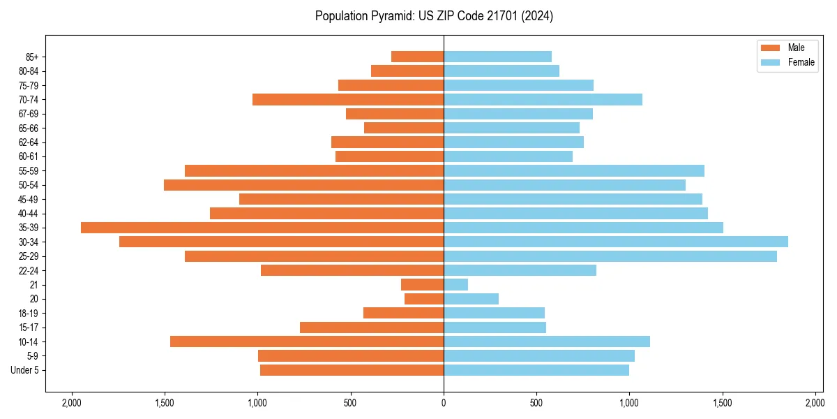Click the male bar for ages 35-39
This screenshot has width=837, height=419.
262,228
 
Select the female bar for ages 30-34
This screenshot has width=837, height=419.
616,242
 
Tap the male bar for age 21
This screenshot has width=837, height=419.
422,285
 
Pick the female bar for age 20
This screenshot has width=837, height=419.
471,299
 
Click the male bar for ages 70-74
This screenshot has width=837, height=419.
348,100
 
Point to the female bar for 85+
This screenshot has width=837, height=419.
497,57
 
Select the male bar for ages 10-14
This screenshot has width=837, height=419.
307,341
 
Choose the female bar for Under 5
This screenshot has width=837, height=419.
536,370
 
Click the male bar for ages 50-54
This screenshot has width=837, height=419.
303,185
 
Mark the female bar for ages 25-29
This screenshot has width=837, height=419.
610,256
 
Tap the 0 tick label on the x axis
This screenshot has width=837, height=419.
444,403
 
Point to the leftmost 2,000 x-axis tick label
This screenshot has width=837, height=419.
71,403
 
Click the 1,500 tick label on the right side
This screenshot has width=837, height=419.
723,403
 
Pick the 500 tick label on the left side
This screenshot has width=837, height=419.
350,403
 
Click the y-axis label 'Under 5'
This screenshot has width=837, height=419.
24,370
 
